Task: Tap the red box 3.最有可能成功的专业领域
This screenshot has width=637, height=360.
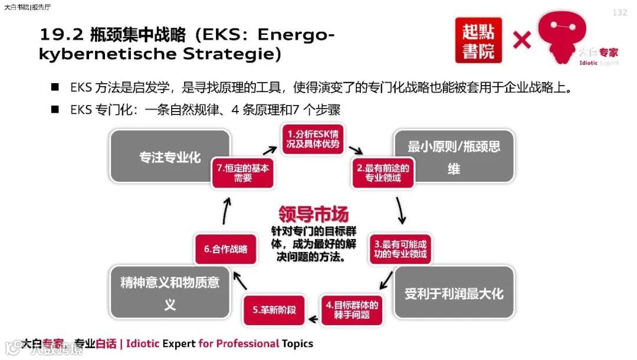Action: pyautogui.click(x=400, y=249)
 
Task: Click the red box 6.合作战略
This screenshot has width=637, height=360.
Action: pyautogui.click(x=225, y=248)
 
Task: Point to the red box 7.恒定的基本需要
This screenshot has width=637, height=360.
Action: pyautogui.click(x=242, y=172)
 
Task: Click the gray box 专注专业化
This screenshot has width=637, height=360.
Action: pyautogui.click(x=170, y=158)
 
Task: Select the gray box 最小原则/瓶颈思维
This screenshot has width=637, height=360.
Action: pyautogui.click(x=454, y=157)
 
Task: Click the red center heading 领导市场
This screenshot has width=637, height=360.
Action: pyautogui.click(x=313, y=214)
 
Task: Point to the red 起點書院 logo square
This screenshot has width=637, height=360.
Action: pyautogui.click(x=478, y=40)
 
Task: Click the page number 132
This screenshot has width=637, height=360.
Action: pyautogui.click(x=620, y=13)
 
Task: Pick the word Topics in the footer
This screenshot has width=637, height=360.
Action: pyautogui.click(x=297, y=343)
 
